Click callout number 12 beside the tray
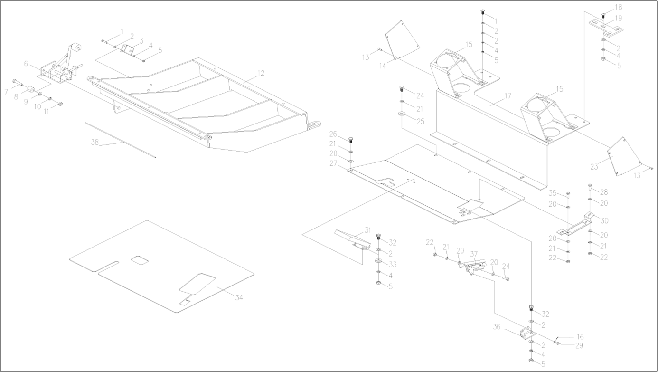click(x=261, y=73)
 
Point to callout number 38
click(x=95, y=142)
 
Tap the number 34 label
click(x=239, y=297)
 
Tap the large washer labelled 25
click(x=402, y=114)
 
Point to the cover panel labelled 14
click(x=402, y=41)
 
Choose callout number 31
click(x=368, y=230)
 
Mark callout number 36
click(x=497, y=327)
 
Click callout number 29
click(x=579, y=346)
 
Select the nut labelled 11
click(x=60, y=104)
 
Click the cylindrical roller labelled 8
click(x=31, y=90)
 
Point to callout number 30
click(x=604, y=221)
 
